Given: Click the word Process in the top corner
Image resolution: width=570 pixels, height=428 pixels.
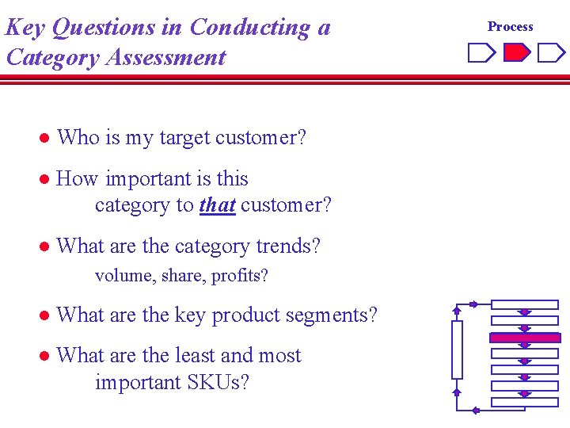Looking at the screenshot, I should pos(510,26).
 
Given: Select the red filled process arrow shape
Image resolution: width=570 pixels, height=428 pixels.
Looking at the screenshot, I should pos(517,53).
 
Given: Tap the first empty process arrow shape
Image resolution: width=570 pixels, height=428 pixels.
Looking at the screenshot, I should pos(481,53).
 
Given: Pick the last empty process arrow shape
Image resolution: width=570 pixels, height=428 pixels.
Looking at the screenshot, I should pos(551,53).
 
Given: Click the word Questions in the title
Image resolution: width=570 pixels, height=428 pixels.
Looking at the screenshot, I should pos(116,28).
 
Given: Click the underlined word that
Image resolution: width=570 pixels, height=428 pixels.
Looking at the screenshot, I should pos(217,205).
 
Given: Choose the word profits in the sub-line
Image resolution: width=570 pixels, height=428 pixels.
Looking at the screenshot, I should pos(240,276).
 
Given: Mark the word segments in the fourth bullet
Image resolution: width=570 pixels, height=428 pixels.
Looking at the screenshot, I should pos(328,315).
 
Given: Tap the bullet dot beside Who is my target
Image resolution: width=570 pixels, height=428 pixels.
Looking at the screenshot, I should pos(45,139).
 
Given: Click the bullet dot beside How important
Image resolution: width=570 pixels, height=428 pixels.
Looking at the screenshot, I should pos(45,180).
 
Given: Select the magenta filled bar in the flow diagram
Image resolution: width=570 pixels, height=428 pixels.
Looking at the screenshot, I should pos(524,338).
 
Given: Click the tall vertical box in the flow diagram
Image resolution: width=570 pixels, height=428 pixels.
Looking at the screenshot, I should pos(457,350).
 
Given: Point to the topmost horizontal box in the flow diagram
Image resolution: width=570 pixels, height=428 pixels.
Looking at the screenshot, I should pos(524,304).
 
